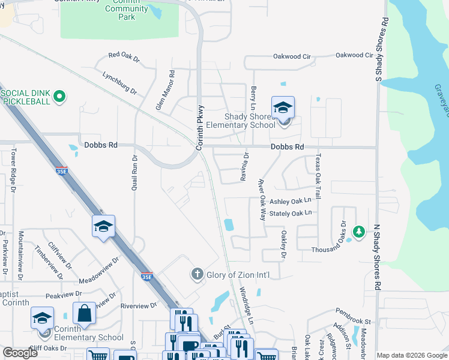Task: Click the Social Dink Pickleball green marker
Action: click(x=59, y=96)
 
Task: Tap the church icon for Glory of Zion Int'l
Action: click(x=196, y=275)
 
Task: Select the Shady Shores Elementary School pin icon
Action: click(x=283, y=109)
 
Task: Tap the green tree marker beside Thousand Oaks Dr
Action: click(x=358, y=231)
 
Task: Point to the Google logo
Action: click(x=20, y=353)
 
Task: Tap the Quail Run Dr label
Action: click(x=135, y=172)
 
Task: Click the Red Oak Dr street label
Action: click(x=124, y=58)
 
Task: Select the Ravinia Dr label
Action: click(x=246, y=164)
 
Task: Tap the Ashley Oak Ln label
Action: click(x=291, y=201)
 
